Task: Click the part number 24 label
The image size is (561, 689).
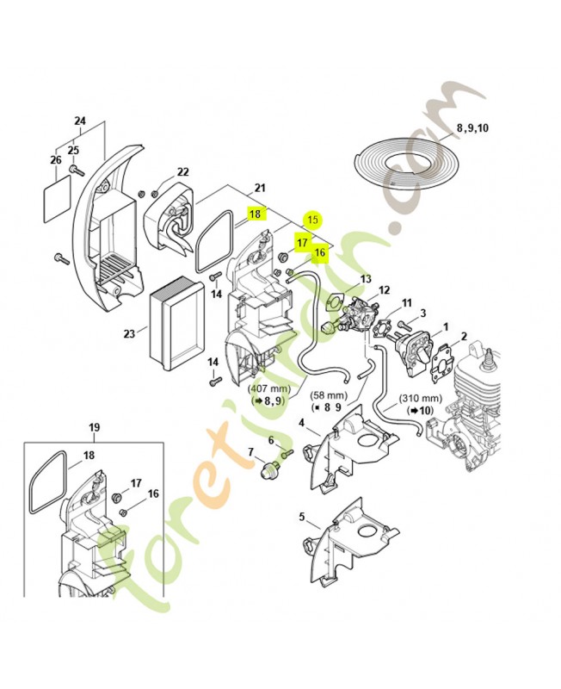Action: click(x=81, y=121)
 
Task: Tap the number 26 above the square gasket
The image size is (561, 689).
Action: click(x=56, y=160)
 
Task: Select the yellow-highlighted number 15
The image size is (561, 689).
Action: click(x=313, y=220)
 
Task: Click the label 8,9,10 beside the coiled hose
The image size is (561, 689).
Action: click(x=472, y=127)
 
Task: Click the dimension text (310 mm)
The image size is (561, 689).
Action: click(x=422, y=399)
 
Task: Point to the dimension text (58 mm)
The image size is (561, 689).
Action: click(x=328, y=394)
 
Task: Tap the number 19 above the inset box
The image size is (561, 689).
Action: click(x=95, y=427)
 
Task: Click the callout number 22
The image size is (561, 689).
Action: click(x=182, y=172)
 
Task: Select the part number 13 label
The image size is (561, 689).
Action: click(x=366, y=279)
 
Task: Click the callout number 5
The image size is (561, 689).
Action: click(x=302, y=517)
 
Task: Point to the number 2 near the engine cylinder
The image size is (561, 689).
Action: click(x=464, y=336)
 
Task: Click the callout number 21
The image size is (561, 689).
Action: click(x=260, y=189)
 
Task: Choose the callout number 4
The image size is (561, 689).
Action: click(x=302, y=423)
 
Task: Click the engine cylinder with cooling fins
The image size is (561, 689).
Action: click(x=482, y=379)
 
